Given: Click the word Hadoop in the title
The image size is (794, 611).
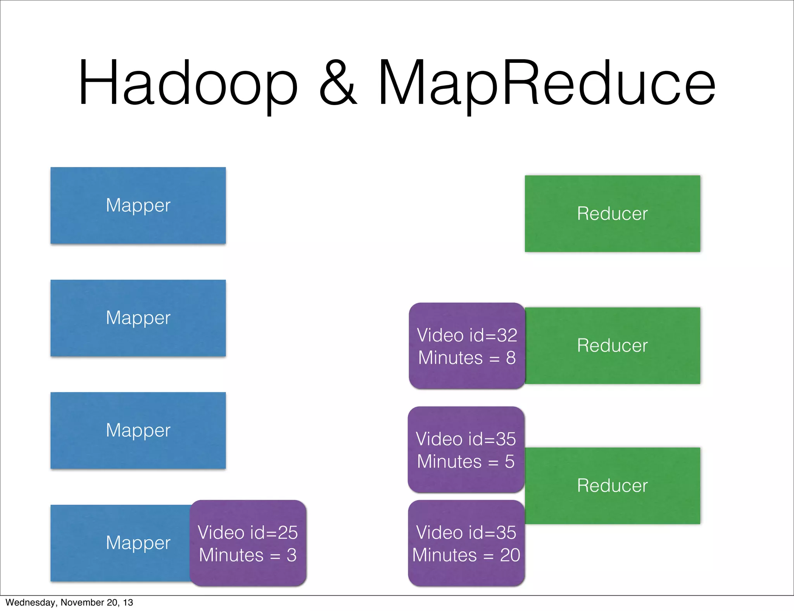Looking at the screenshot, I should (188, 83).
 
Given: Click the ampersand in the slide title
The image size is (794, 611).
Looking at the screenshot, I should (338, 83).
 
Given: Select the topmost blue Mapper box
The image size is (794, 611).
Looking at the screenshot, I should (138, 205).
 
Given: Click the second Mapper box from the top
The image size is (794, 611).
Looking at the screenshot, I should (138, 318).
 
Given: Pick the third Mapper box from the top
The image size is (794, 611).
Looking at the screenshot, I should (138, 430).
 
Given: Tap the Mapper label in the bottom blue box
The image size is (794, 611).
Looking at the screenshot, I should (138, 543).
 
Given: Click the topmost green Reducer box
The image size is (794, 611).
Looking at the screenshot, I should (612, 214).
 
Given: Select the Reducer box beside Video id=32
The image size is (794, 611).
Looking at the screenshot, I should (612, 345).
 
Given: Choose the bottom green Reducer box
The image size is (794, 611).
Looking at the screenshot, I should (612, 486).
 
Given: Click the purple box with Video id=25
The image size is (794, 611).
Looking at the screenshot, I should (248, 543).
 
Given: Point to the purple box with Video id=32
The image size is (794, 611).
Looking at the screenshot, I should (467, 346).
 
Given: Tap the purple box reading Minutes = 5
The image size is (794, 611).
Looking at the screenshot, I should (466, 450).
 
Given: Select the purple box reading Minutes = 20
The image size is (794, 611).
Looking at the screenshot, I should (466, 543).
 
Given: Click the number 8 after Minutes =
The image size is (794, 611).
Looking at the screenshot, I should (511, 358).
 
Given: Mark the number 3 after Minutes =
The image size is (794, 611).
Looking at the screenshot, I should (292, 555).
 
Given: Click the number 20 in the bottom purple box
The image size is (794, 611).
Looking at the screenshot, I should (510, 555).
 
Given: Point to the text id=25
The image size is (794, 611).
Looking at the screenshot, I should (274, 533).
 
